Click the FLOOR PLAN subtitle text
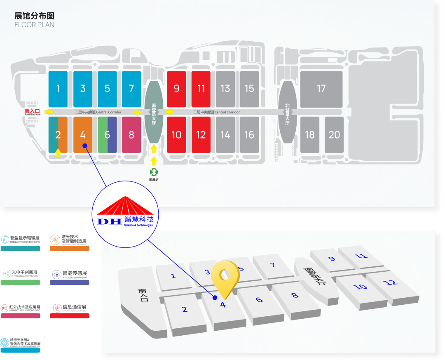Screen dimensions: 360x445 pyautogui.click(x=34, y=25)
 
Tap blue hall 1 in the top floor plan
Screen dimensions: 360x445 pyautogui.click(x=58, y=89)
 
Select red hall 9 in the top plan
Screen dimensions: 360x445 pyautogui.click(x=176, y=89)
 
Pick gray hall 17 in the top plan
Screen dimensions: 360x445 pyautogui.click(x=321, y=89)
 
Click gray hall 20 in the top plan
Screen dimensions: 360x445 pyautogui.click(x=334, y=135)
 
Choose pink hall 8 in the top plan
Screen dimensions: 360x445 pyautogui.click(x=131, y=135)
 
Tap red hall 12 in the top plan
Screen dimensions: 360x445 pyautogui.click(x=201, y=135)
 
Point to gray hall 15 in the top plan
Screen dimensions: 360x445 pyautogui.click(x=249, y=89)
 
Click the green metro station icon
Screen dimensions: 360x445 pyautogui.click(x=154, y=172)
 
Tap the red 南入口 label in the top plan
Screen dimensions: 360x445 pyautogui.click(x=33, y=111)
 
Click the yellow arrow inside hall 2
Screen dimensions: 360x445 pyautogui.click(x=58, y=152)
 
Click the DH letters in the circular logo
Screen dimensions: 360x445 pyautogui.click(x=109, y=221)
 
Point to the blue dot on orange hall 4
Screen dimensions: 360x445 pyautogui.click(x=84, y=145)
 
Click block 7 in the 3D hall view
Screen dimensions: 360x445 pyautogui.click(x=272, y=264)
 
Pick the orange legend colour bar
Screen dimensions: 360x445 pyautogui.click(x=69, y=248)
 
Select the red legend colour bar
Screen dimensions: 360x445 pyautogui.click(x=69, y=316)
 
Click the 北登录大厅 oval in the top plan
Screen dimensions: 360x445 pyautogui.click(x=287, y=111)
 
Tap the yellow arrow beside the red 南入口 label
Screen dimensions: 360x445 pyautogui.click(x=49, y=112)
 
